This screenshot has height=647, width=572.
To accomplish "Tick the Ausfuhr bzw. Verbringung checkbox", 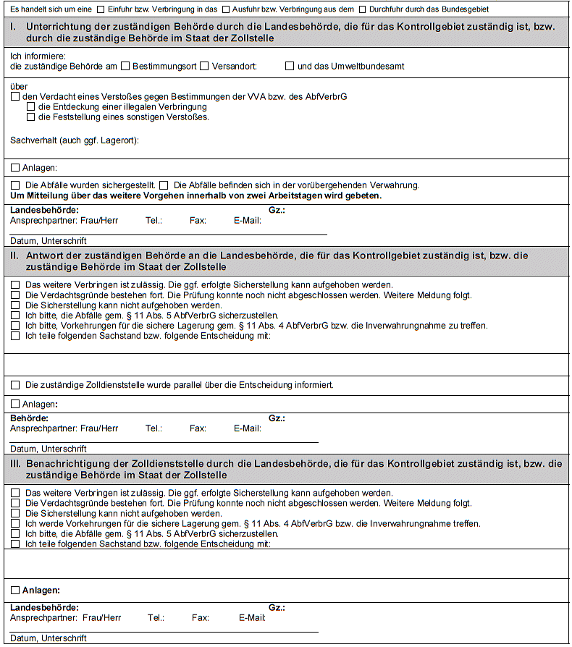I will tap(226, 9).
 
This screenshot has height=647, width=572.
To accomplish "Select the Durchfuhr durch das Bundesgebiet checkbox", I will tap(362, 9).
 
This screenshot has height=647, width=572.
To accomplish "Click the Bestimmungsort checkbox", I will tap(125, 66).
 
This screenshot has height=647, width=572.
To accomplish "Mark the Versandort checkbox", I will tap(205, 66).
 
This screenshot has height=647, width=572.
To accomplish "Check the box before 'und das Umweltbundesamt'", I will tap(290, 66).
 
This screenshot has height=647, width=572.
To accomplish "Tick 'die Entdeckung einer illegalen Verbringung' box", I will tap(30, 106).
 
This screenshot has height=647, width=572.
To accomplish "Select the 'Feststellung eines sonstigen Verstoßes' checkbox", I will tap(30, 117).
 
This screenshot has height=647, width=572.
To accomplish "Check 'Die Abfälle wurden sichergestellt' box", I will tap(15, 185).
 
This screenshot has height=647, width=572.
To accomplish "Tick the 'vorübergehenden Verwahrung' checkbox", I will tap(164, 185).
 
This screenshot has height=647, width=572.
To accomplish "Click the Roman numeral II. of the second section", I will tap(15, 255).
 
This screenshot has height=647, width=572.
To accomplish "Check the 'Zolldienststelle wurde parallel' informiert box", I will tap(15, 385).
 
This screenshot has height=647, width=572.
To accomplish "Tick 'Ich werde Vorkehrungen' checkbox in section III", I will tap(15, 523).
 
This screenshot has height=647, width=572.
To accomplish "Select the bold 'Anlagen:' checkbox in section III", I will tap(15, 591).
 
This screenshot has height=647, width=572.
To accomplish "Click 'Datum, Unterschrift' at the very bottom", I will tap(49, 638).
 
